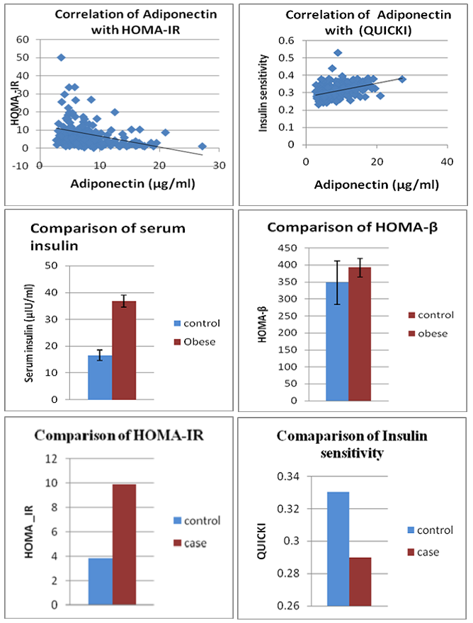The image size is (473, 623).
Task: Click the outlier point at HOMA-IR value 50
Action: click(x=62, y=57)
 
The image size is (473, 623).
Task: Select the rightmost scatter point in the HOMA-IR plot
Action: click(x=202, y=147)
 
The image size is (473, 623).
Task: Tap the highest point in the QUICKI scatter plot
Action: click(x=338, y=52)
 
